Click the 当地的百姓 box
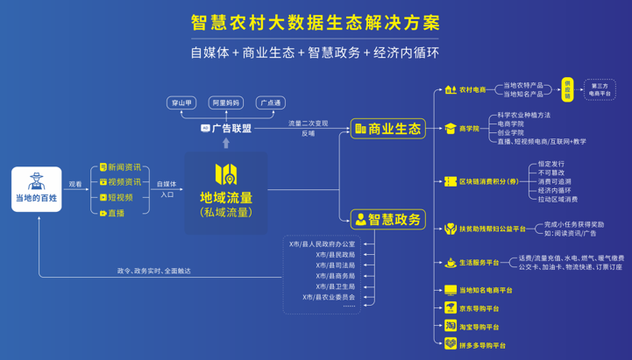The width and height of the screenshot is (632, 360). (37, 189)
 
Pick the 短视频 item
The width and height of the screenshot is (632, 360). (120, 197)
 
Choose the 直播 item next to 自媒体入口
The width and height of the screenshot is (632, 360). (116, 213)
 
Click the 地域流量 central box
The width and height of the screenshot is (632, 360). (226, 190)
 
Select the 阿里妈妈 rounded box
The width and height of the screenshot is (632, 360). (226, 103)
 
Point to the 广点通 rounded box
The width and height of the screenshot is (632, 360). (270, 103)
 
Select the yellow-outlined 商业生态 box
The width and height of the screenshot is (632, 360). (387, 129)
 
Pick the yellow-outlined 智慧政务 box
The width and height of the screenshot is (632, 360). (387, 219)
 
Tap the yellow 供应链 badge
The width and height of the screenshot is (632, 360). (567, 89)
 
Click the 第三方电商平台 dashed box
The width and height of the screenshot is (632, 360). (600, 89)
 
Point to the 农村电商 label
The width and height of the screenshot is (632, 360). (472, 89)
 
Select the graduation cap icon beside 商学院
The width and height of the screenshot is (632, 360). (450, 129)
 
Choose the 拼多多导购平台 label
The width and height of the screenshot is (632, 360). (482, 345)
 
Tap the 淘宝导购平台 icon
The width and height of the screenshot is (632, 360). (450, 326)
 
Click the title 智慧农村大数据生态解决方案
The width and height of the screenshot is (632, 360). (316, 22)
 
